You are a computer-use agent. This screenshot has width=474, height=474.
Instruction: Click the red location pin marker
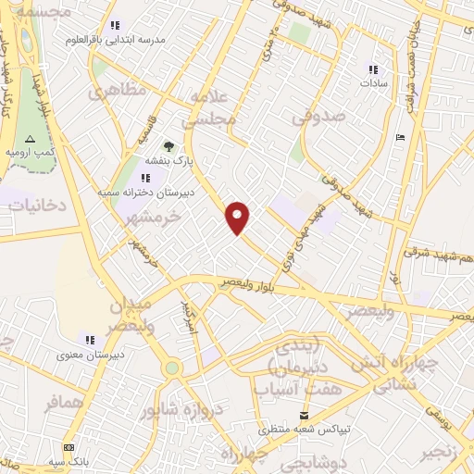coord(239,217)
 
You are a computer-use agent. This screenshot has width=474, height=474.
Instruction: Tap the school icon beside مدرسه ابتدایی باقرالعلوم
coord(115,26)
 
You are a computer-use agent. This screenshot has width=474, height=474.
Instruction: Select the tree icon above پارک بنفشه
coord(168,145)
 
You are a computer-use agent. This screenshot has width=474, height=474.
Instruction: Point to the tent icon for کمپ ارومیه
coord(30,137)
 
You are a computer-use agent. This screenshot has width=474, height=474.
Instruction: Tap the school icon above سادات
coord(373,69)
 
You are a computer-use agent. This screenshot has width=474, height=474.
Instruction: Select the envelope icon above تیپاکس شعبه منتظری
coord(303,417)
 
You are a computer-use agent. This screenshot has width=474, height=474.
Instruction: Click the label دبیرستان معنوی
coord(83,354)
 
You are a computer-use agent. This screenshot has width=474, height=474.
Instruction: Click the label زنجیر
coord(437,452)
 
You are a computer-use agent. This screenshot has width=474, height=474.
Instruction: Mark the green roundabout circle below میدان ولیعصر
coord(171,368)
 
